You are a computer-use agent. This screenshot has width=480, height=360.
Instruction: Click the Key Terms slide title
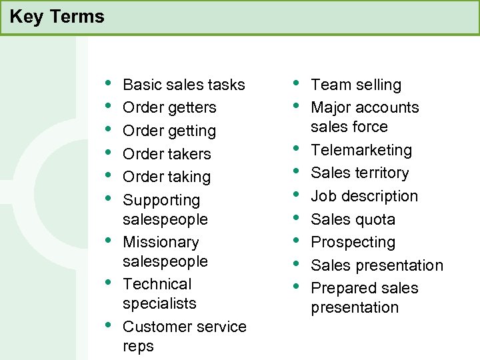pos(57,17)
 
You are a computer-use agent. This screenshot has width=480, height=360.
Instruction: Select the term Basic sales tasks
pos(184,85)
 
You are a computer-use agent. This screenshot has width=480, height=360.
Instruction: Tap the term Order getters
pos(169,107)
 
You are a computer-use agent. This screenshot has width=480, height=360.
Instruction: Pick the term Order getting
pos(169,131)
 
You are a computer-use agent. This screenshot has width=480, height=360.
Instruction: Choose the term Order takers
pos(167,154)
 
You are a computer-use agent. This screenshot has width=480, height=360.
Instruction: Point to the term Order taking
pos(167,177)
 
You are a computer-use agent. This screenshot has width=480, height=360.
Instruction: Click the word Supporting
pos(161,200)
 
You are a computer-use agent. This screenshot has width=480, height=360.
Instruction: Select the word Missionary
pos(161,242)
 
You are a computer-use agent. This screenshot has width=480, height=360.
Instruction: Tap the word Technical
pos(157,284)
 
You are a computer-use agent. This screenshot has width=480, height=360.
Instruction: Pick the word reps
pos(138,346)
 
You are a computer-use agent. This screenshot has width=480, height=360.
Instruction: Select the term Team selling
pos(356,85)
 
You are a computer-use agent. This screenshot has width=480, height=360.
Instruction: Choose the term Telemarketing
pos(361,150)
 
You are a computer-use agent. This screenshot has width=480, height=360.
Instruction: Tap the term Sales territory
pos(359,173)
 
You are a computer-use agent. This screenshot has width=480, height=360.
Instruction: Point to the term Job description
pos(364,196)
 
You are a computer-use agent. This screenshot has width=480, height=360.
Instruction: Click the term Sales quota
pos(353,219)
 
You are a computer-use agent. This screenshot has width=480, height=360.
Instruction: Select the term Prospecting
pos(353,242)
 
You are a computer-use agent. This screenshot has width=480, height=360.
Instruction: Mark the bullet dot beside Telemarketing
pos(295,148)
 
